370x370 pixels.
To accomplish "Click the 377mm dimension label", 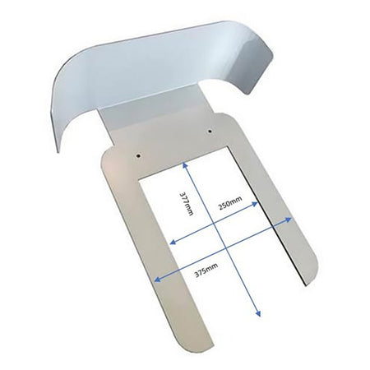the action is [187, 203].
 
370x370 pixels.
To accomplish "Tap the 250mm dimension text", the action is [230, 202].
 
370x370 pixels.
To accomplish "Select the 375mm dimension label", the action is [206, 270].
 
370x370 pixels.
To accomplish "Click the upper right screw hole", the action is [210, 132].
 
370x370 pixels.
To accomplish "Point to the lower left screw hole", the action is [139, 155].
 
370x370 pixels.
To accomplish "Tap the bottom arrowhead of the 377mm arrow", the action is [257, 313].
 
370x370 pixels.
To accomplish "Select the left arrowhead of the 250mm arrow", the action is [173, 242].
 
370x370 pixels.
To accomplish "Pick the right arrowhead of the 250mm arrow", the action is [255, 204].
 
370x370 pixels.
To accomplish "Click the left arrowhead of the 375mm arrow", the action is [157, 279].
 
